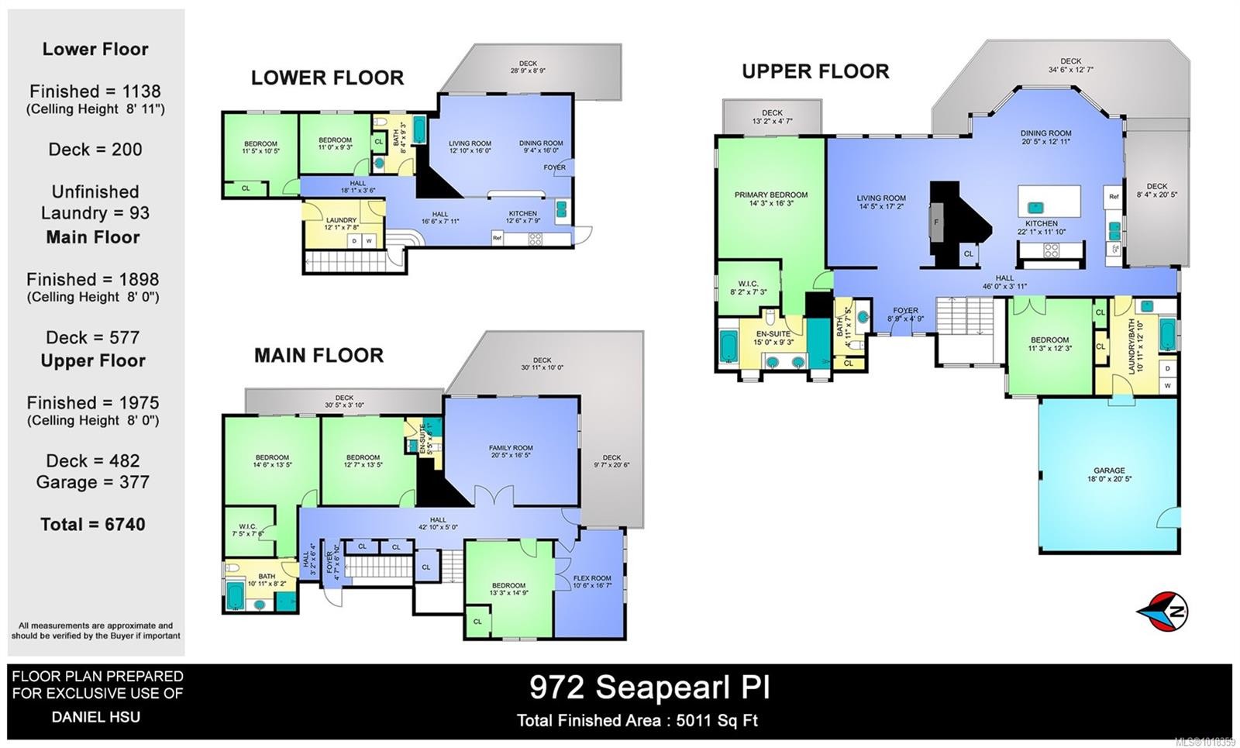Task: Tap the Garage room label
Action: click(1109, 471)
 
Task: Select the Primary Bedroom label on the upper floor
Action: click(770, 195)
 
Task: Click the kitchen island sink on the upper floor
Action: click(1034, 207)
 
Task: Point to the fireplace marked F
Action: click(937, 222)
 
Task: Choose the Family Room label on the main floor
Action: click(511, 448)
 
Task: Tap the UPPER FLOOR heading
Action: click(815, 71)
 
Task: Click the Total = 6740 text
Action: click(93, 525)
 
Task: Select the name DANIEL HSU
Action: click(96, 717)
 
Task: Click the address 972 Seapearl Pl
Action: click(649, 687)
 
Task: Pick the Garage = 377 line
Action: click(93, 482)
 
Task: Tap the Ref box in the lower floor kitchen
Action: click(497, 238)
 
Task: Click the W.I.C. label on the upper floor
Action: click(748, 284)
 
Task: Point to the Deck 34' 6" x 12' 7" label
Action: click(1070, 65)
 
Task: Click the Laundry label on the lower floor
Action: click(341, 220)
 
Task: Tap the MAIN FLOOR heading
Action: click(319, 356)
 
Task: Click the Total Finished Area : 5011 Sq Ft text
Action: click(637, 721)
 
